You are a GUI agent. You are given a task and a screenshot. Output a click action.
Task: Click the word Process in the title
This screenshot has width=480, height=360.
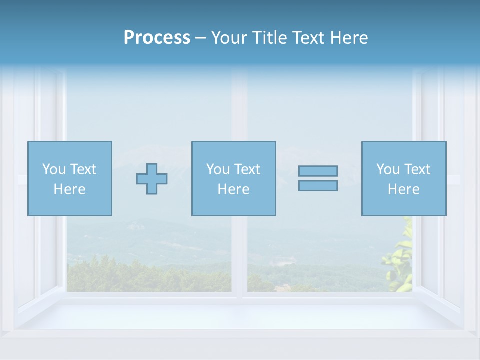[x=157, y=38]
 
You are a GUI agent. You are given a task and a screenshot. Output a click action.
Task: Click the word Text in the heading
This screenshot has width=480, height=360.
[x=306, y=38]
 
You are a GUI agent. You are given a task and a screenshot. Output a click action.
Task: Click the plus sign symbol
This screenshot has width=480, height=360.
[x=152, y=179]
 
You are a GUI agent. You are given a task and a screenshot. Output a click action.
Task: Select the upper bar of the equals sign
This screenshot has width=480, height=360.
[x=318, y=171]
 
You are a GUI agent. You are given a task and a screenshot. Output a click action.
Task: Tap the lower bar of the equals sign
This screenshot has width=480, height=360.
[x=318, y=185]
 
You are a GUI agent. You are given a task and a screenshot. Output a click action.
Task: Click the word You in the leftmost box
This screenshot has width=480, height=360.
[x=53, y=169]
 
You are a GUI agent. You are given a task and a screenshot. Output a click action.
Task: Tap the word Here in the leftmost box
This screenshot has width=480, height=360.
[x=69, y=189]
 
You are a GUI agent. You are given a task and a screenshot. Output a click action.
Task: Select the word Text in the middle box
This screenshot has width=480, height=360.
[x=247, y=169]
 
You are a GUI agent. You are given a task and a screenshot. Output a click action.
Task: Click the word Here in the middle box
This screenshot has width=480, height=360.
[x=233, y=189]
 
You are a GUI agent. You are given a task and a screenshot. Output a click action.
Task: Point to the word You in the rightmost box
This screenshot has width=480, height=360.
[x=388, y=169]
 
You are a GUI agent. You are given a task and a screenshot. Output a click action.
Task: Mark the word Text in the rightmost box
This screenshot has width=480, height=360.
[x=417, y=169]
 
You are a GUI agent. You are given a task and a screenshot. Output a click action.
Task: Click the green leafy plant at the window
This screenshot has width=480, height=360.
[x=400, y=260]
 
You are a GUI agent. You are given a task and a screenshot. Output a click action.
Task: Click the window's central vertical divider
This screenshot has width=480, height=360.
[x=239, y=250]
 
